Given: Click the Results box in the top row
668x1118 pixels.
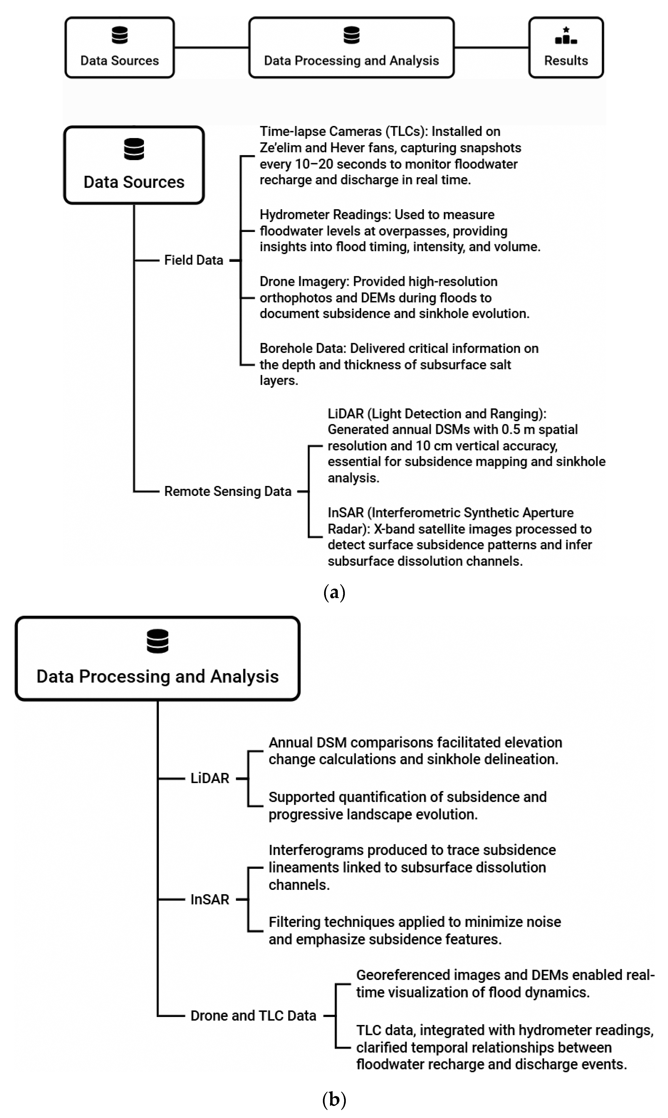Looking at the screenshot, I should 566,48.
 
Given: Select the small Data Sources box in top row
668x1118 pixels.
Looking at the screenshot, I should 120,48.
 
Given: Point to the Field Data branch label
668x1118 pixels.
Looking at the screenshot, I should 194,260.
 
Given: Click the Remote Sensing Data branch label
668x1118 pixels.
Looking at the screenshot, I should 228,491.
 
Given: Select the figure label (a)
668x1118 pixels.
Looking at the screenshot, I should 334,592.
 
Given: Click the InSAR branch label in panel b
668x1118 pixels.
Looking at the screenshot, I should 210,899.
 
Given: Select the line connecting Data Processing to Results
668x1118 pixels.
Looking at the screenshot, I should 491,47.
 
